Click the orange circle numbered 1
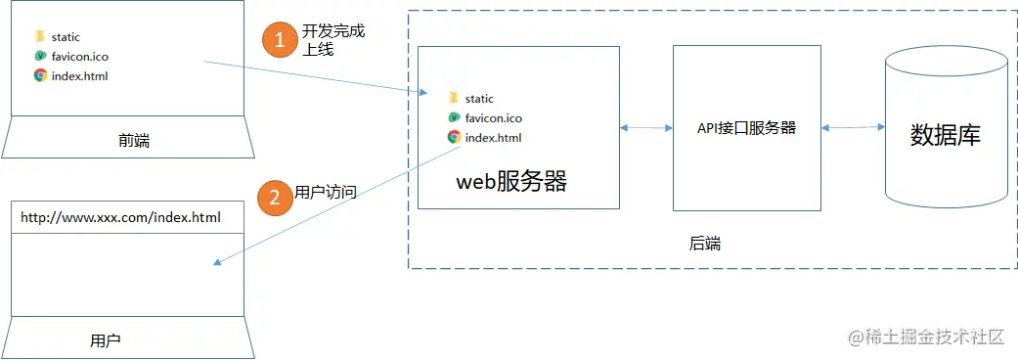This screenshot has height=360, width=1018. (x=279, y=40)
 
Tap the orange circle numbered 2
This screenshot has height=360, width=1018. (x=274, y=197)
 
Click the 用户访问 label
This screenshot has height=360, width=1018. (x=326, y=193)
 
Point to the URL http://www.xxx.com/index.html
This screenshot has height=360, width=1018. (x=120, y=216)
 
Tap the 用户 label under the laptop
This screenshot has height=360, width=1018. (x=105, y=340)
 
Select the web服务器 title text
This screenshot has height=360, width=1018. (x=511, y=182)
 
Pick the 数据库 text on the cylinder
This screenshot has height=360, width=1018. (x=945, y=135)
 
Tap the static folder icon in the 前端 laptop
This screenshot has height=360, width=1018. (x=39, y=37)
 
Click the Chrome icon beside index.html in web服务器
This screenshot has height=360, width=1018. (x=454, y=137)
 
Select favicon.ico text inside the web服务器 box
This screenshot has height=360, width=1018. (x=494, y=117)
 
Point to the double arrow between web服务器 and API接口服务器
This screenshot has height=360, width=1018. (x=645, y=127)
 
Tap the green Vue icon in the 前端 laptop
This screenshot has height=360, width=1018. (x=40, y=56)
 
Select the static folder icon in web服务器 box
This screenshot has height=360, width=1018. (x=453, y=98)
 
